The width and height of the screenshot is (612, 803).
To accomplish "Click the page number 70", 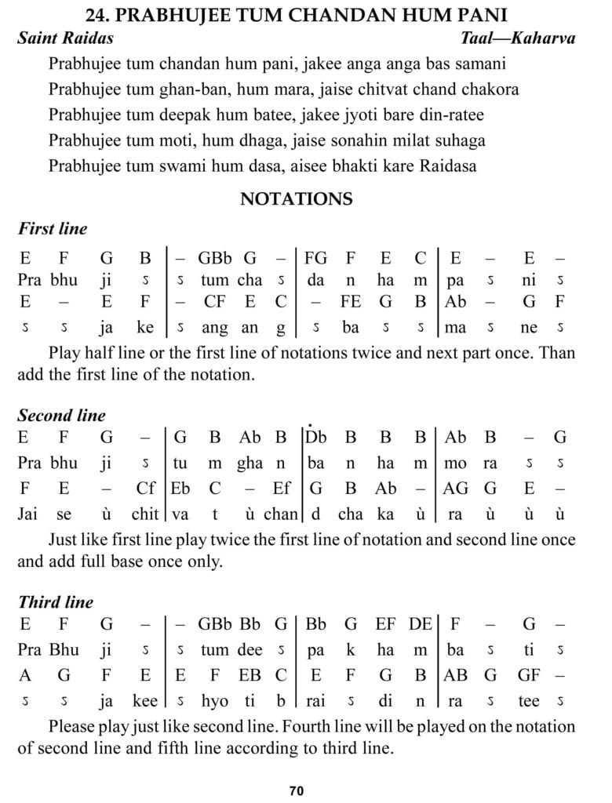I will [296, 790].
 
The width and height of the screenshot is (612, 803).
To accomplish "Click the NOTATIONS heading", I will [296, 199].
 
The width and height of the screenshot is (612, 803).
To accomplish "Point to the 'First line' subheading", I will [52, 229].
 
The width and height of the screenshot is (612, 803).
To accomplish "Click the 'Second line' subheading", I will [61, 416].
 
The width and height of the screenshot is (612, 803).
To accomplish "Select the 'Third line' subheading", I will [55, 602].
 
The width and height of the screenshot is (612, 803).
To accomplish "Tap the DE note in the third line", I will [420, 624].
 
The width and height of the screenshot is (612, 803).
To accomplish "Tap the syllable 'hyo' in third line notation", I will [214, 701].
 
